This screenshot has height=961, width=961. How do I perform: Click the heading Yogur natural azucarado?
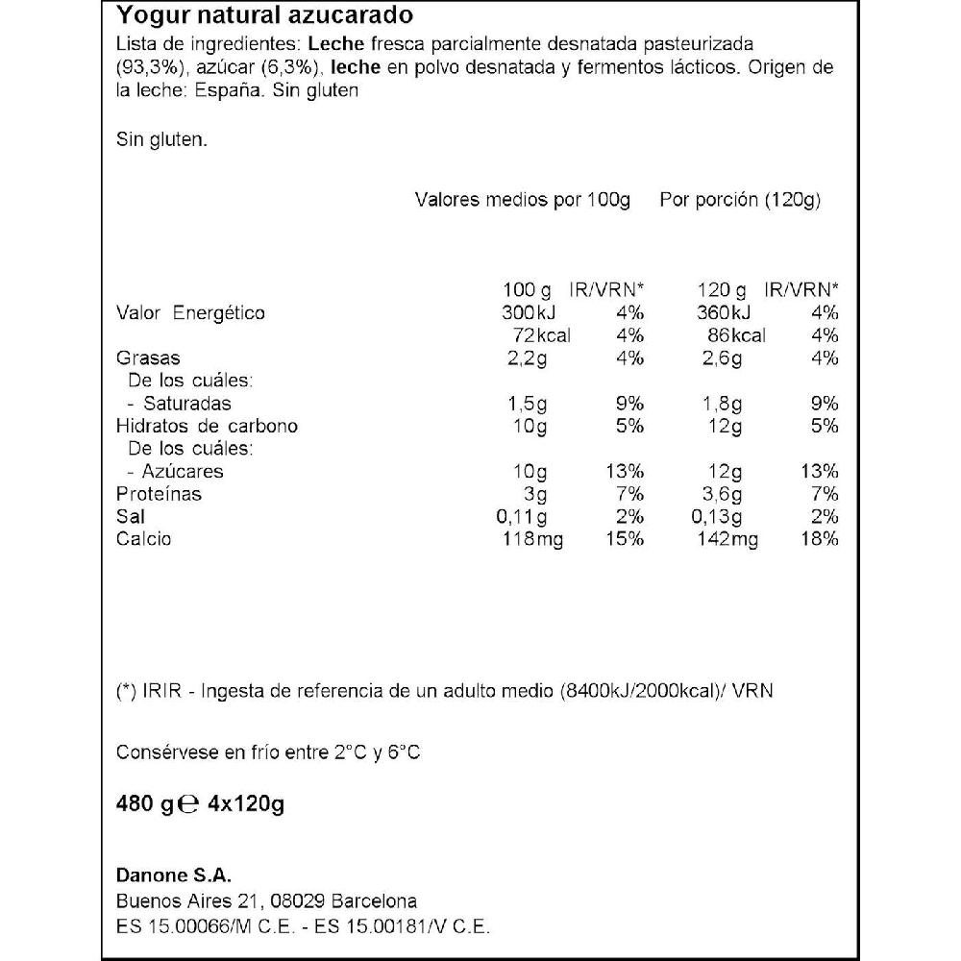pos(265,15)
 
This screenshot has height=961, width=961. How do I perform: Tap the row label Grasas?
pos(148,358)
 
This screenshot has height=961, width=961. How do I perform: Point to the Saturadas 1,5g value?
pos(528,404)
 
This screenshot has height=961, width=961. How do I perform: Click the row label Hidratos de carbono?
pos(207,426)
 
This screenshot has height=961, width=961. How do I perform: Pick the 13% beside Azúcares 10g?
pos(625,471)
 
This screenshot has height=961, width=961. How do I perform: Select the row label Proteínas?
pos(159,494)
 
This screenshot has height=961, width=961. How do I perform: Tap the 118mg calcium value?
pos(533,539)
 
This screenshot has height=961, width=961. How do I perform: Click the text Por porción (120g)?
pos(739,201)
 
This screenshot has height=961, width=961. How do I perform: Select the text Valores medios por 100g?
pos(522,201)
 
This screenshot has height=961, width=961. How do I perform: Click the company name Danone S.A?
pos(174,875)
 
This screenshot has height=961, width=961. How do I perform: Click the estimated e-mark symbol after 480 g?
pos(189,804)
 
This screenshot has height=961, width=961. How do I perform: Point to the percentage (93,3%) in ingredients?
pos(143,67)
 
